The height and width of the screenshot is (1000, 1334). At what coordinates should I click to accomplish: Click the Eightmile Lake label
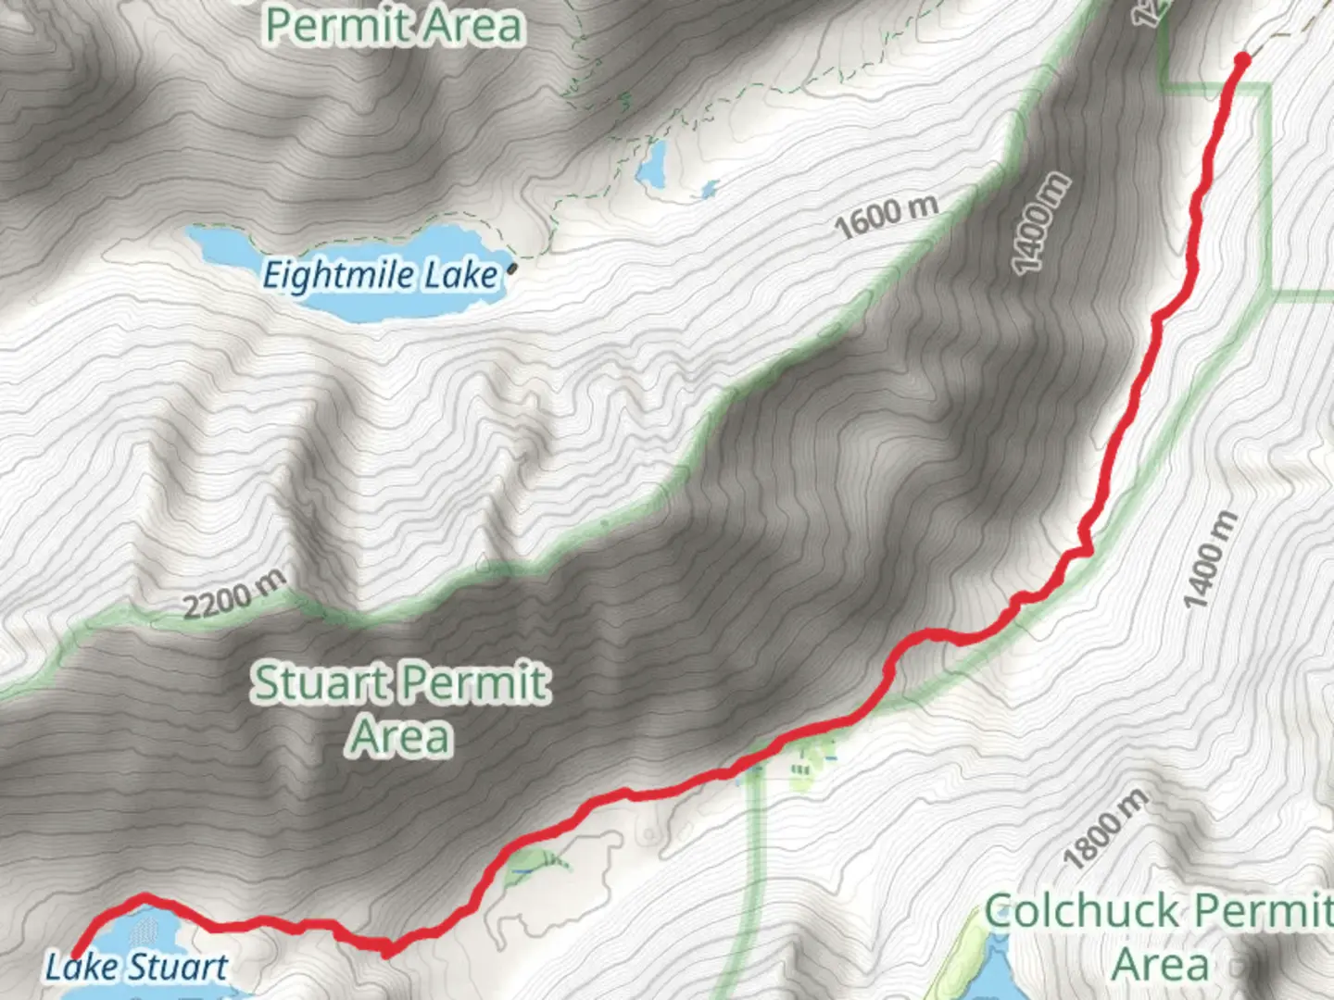click(x=380, y=276)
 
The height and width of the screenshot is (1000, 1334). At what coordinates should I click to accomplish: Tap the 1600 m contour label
click(x=887, y=217)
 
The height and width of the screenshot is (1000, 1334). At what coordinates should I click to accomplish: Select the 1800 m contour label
click(x=1106, y=830)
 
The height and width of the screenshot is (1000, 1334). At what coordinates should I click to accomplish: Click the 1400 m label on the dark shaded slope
click(x=1041, y=224)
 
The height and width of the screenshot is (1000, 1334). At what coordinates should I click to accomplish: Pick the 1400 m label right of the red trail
click(x=1212, y=560)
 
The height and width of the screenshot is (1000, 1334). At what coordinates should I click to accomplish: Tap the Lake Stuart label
click(x=136, y=968)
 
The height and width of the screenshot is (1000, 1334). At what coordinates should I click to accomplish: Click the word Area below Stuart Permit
click(x=400, y=737)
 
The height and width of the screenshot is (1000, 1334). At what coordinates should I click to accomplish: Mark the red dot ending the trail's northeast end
click(x=1242, y=61)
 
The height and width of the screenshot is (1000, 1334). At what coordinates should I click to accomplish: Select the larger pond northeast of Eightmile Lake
click(x=651, y=163)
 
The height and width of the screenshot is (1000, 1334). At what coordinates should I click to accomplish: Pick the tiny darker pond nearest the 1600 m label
click(x=709, y=190)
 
